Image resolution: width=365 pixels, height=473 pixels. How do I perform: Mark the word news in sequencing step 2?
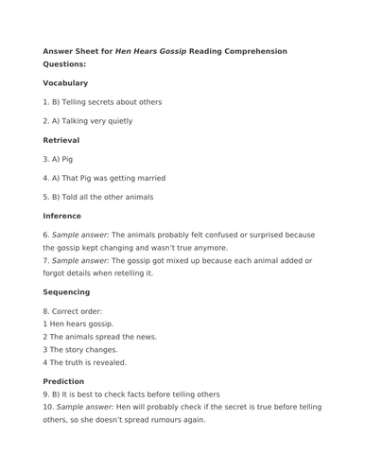145,336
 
